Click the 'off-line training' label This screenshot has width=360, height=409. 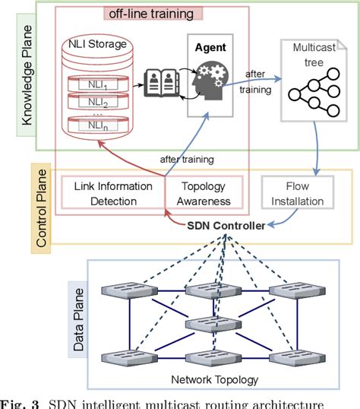click(148, 14)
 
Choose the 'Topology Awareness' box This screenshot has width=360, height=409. click(207, 194)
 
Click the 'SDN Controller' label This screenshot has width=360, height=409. click(226, 225)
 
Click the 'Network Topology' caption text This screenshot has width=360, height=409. click(215, 381)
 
